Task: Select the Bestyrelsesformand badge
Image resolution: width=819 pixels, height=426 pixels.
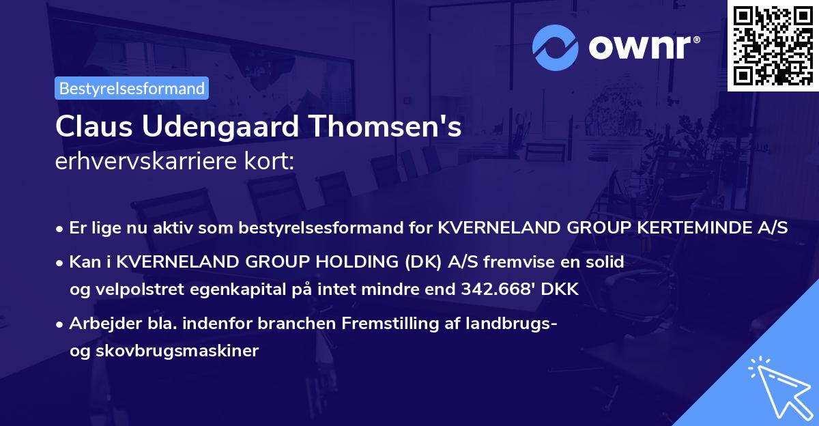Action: coord(132,88)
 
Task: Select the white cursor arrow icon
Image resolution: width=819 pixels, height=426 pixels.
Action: coord(777,386)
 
